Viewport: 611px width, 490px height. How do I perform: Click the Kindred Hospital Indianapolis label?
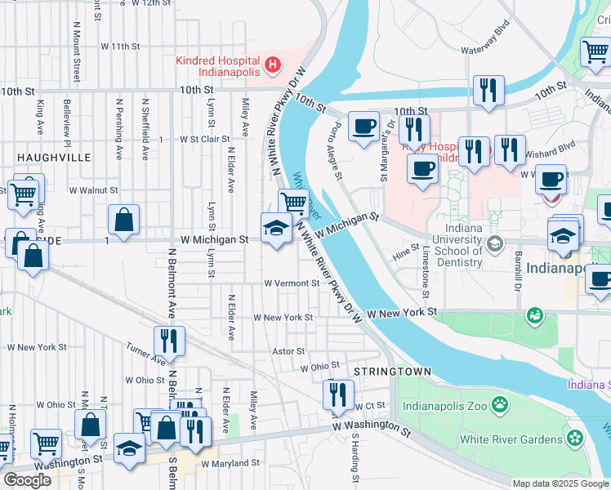pos(219,66)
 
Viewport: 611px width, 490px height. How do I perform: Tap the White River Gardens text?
pos(511,439)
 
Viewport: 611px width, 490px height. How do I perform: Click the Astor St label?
pos(288,351)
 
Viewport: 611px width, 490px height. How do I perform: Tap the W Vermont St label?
pos(292,283)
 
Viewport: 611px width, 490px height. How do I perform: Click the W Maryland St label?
pos(230,462)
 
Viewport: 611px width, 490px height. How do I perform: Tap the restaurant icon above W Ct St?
pos(337,394)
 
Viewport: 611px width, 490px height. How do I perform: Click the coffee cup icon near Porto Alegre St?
pos(363,126)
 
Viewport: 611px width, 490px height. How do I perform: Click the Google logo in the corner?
pos(27,480)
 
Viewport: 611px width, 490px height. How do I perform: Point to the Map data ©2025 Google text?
pos(560,483)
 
